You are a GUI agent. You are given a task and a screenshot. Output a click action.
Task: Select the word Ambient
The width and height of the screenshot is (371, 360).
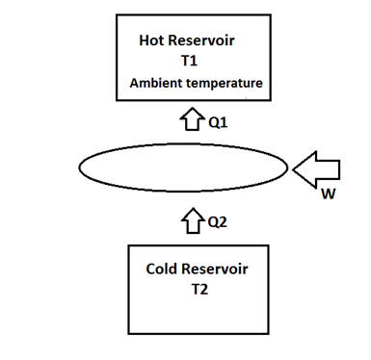157,84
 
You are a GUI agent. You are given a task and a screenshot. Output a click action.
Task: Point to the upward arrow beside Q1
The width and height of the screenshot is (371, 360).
189,121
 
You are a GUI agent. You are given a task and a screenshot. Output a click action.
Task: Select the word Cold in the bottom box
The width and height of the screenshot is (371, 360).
163,268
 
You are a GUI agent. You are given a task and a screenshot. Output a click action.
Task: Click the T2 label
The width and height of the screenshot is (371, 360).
196,288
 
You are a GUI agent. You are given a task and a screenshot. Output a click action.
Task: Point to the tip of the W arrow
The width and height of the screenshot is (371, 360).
295,170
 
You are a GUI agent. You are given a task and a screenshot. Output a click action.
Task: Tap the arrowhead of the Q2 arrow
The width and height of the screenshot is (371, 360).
189,214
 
